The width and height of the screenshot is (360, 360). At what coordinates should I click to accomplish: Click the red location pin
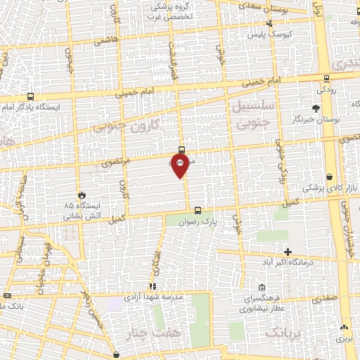point(181,166)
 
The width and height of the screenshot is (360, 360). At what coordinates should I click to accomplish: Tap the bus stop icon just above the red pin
point(181,149)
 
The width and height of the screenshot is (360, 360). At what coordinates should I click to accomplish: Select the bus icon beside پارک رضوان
point(197,210)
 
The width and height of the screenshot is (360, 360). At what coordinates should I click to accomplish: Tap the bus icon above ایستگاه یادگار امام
point(30,96)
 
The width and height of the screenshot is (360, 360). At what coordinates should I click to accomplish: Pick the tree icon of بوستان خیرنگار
point(315,108)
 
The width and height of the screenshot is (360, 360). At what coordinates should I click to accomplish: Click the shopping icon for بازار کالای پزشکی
point(330,177)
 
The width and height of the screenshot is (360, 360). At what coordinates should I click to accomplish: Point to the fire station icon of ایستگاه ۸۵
point(82,195)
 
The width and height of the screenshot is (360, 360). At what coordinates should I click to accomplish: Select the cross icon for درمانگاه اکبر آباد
point(287,251)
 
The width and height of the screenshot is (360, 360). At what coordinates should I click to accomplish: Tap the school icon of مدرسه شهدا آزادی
point(152,286)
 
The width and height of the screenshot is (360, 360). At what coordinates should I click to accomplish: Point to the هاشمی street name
point(106,41)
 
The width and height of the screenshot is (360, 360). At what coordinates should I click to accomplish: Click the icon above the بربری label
point(343,328)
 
